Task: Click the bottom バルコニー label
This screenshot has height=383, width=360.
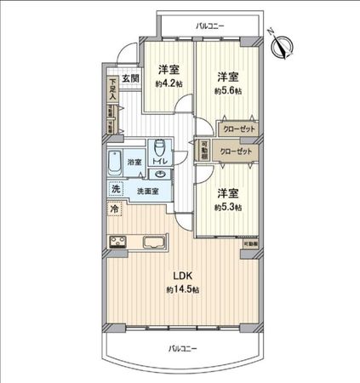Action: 182,348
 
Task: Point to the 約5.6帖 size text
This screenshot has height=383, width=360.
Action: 227,91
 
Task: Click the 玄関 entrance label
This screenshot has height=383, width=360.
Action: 130,78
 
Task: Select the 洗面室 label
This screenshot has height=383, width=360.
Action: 149,191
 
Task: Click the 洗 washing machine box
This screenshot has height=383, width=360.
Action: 114,189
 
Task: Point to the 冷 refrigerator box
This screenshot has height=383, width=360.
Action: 114,208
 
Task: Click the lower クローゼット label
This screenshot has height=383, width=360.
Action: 235,151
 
